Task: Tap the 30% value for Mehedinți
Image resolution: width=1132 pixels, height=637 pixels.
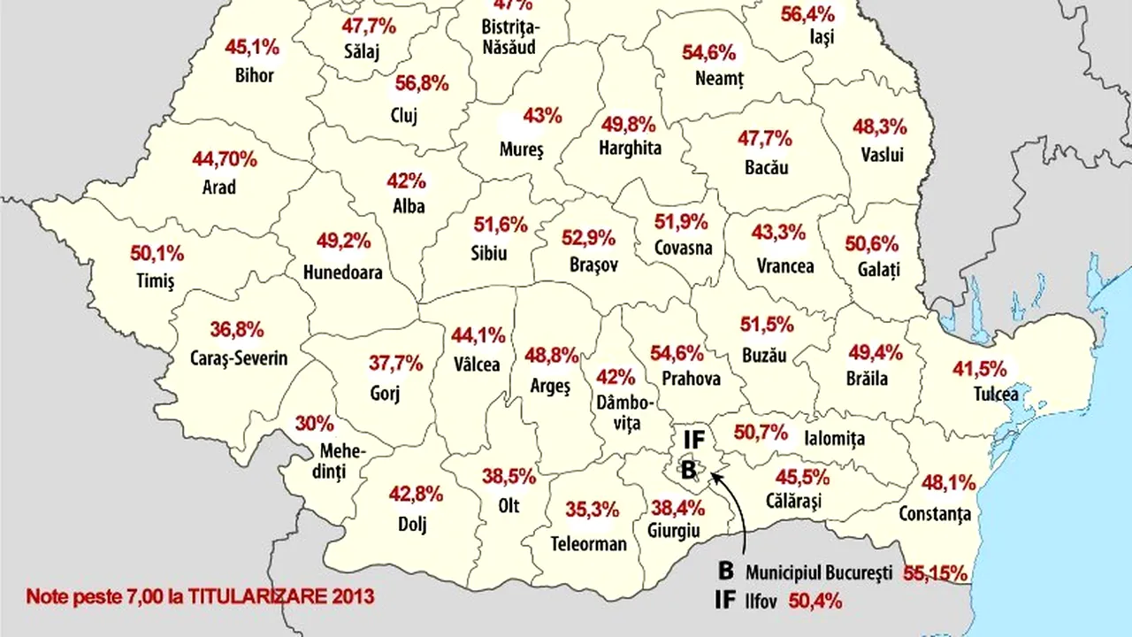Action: [315, 424]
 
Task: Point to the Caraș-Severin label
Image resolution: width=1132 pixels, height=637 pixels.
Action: [239, 358]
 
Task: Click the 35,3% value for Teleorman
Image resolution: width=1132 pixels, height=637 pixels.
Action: [593, 510]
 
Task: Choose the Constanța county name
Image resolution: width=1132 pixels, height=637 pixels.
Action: [935, 513]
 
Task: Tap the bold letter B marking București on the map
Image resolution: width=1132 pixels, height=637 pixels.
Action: [688, 471]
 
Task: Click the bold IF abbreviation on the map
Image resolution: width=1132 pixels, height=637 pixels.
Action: [693, 438]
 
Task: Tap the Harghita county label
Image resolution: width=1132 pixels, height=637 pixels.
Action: [630, 148]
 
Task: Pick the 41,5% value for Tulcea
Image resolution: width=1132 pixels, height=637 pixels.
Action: [979, 368]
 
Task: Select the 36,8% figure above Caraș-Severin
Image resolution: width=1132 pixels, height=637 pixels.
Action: [237, 330]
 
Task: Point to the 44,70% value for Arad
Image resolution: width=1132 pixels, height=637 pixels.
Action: [225, 160]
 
